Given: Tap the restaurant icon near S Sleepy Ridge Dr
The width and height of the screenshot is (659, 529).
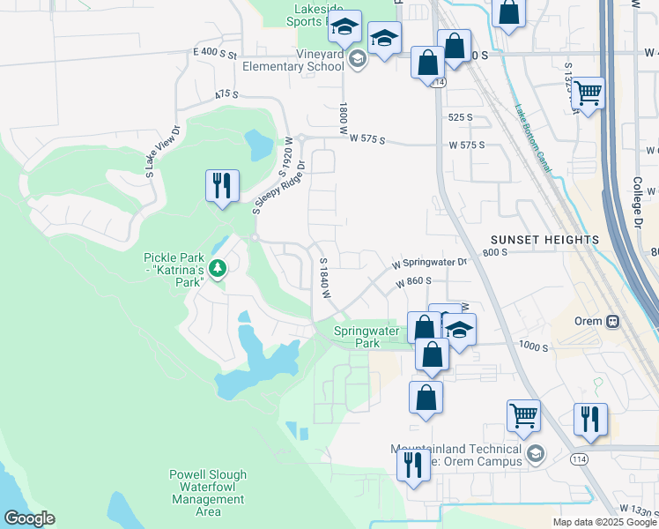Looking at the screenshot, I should (221, 186).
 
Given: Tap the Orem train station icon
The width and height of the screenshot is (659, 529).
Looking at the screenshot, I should (611, 321).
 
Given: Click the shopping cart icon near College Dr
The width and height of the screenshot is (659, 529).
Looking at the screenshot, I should (588, 93).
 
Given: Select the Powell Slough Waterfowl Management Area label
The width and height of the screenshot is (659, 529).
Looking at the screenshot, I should (208, 493).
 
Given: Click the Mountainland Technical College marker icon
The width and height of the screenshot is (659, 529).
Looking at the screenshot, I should (534, 455).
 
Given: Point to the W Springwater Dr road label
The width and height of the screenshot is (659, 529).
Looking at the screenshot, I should (429, 262).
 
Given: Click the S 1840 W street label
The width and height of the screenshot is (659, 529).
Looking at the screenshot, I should (324, 278).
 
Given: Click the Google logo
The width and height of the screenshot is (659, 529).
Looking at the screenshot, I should (29, 518).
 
